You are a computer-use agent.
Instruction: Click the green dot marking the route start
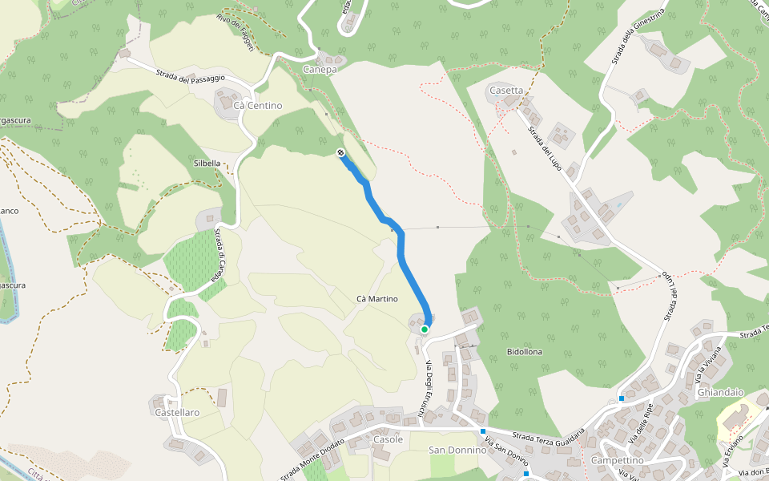[425, 329]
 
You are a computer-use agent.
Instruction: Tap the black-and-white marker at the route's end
[341, 152]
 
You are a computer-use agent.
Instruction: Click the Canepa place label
[320, 70]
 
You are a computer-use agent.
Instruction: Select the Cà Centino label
[258, 105]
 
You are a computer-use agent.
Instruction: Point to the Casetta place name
[505, 91]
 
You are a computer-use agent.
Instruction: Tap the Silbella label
[207, 163]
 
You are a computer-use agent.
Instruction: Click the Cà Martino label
[376, 298]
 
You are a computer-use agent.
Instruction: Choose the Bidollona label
[525, 352]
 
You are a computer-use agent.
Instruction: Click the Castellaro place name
[177, 412]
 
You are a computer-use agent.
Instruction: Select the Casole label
[388, 440]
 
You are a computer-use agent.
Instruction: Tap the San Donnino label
[457, 450]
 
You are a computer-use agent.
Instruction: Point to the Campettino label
[617, 461]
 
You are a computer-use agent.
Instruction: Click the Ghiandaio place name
[721, 392]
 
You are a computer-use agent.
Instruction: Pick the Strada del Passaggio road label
[191, 77]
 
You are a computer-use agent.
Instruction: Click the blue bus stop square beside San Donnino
[483, 431]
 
